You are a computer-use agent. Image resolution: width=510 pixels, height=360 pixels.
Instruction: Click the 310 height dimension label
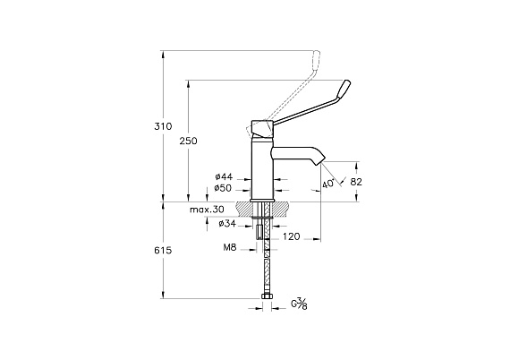coord(163,126)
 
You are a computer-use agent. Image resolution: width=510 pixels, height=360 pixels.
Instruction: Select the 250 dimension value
coord(188,141)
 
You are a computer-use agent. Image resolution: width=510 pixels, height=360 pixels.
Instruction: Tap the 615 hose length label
coord(163,251)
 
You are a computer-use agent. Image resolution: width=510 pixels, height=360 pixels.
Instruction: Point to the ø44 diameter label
coord(224,176)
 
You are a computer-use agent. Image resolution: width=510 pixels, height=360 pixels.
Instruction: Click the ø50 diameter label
coord(224,188)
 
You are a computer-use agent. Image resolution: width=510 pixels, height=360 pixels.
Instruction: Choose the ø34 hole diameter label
coord(227,224)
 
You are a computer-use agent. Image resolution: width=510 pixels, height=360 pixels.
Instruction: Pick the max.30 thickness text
coord(207,210)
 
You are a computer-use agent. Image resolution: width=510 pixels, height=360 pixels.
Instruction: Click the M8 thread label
coord(229,247)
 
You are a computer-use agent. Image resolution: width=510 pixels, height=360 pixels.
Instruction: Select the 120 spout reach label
coord(291,236)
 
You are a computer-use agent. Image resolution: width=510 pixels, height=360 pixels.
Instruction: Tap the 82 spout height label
coord(356,182)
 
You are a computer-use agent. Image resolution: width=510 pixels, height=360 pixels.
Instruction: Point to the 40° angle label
coord(328,184)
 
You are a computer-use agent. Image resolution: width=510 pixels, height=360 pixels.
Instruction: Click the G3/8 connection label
coord(299,304)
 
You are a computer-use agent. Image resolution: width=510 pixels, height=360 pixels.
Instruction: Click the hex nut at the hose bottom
coord(267,296)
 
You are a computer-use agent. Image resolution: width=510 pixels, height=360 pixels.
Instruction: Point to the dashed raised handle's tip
coord(316,56)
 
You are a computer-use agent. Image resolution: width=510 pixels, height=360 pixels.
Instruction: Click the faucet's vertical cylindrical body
coord(263,168)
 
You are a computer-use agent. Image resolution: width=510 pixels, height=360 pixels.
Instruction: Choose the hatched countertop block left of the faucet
coord(243,208)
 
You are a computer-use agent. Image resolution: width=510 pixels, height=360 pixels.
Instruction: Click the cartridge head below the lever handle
coord(262,129)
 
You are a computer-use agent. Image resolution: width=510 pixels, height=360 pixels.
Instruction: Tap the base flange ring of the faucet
coord(263,201)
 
